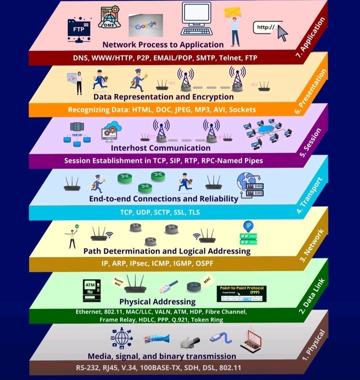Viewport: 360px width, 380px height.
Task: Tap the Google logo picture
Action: [146, 25]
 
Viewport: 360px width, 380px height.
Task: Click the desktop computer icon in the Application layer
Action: [197, 19]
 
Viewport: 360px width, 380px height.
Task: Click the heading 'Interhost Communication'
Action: [161, 148]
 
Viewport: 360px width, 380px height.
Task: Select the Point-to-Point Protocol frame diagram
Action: [241, 293]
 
